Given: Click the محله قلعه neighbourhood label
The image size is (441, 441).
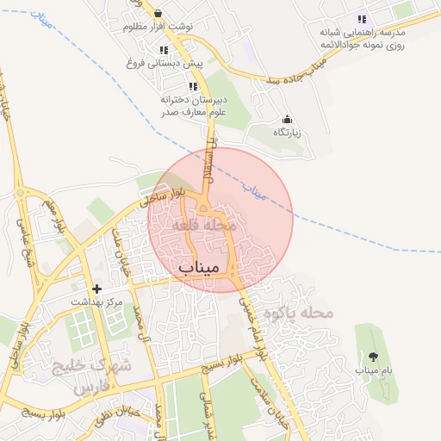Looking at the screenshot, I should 203,225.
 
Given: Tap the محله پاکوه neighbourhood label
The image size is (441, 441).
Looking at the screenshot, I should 298,313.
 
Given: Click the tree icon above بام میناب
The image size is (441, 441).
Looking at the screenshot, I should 373,356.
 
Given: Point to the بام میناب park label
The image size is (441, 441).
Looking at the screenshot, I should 373,370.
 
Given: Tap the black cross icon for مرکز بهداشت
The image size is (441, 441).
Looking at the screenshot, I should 96,289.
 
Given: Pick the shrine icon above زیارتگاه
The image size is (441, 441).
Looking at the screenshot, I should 287,120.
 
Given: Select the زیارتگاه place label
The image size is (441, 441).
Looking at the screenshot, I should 287,133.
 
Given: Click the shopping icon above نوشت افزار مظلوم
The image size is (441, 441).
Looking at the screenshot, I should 158,13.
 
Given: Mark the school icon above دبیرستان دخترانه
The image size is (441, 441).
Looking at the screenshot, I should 192,85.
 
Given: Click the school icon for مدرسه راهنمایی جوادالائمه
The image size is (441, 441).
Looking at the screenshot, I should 363,18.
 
